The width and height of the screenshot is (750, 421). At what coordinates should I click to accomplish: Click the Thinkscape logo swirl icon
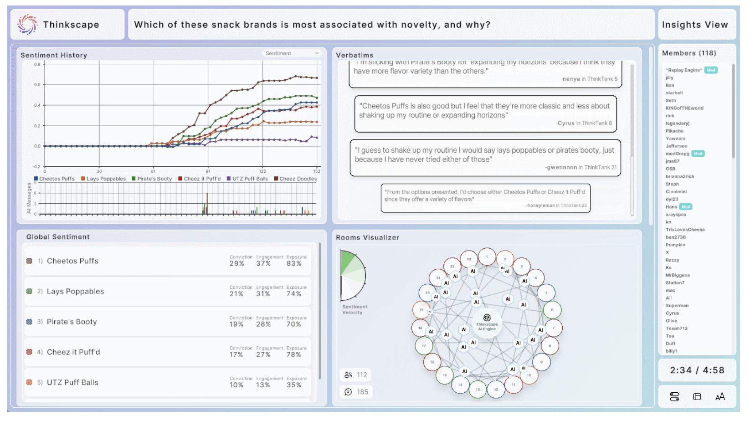[x=27, y=24]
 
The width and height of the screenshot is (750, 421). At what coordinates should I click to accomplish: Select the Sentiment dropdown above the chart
[x=292, y=53]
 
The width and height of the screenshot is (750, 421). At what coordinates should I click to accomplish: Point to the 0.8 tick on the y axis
[x=37, y=64]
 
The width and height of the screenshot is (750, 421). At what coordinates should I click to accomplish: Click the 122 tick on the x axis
[x=262, y=171]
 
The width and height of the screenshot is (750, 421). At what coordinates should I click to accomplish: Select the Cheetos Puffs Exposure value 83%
[x=294, y=263]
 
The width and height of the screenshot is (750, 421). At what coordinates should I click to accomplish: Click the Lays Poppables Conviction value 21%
[x=236, y=294]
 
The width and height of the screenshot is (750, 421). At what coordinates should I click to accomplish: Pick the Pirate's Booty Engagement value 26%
[x=263, y=324]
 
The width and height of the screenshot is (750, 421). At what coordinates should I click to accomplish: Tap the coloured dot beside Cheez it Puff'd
[x=29, y=352]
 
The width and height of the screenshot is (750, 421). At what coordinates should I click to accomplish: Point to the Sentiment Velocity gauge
[x=353, y=276]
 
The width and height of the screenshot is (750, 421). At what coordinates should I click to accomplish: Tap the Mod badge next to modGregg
[x=698, y=154]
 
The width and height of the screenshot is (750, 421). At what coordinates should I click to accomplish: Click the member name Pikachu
[x=674, y=131]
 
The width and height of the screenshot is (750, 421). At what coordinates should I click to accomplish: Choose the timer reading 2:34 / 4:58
[x=697, y=370]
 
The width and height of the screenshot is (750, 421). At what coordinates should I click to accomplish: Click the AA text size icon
[x=720, y=397]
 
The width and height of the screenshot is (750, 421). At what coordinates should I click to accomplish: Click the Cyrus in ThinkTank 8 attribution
[x=585, y=123]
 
